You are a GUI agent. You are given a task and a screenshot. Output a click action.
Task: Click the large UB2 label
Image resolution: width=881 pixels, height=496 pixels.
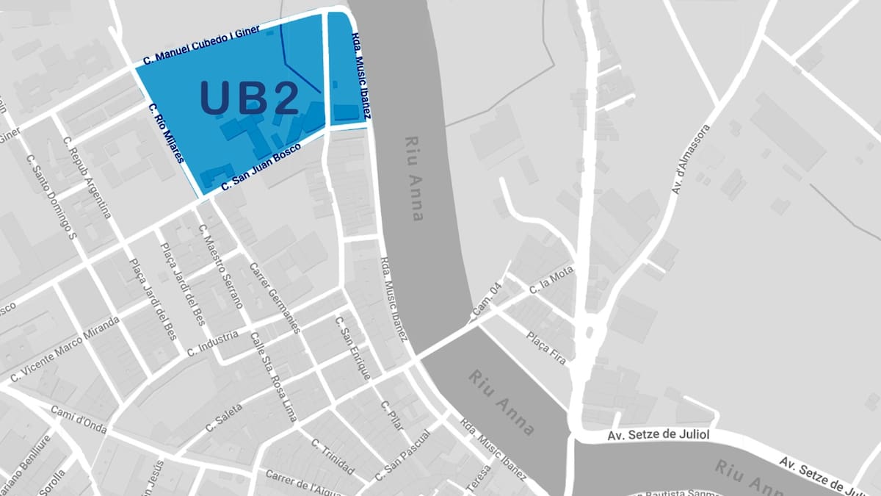click(250, 97)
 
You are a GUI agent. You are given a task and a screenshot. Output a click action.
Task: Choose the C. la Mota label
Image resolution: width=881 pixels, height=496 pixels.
click(552, 280)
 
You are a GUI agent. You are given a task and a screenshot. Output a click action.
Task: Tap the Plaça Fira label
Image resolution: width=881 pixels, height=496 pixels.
click(547, 348)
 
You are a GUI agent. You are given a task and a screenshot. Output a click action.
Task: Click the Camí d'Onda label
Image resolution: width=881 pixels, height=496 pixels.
click(79, 419)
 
